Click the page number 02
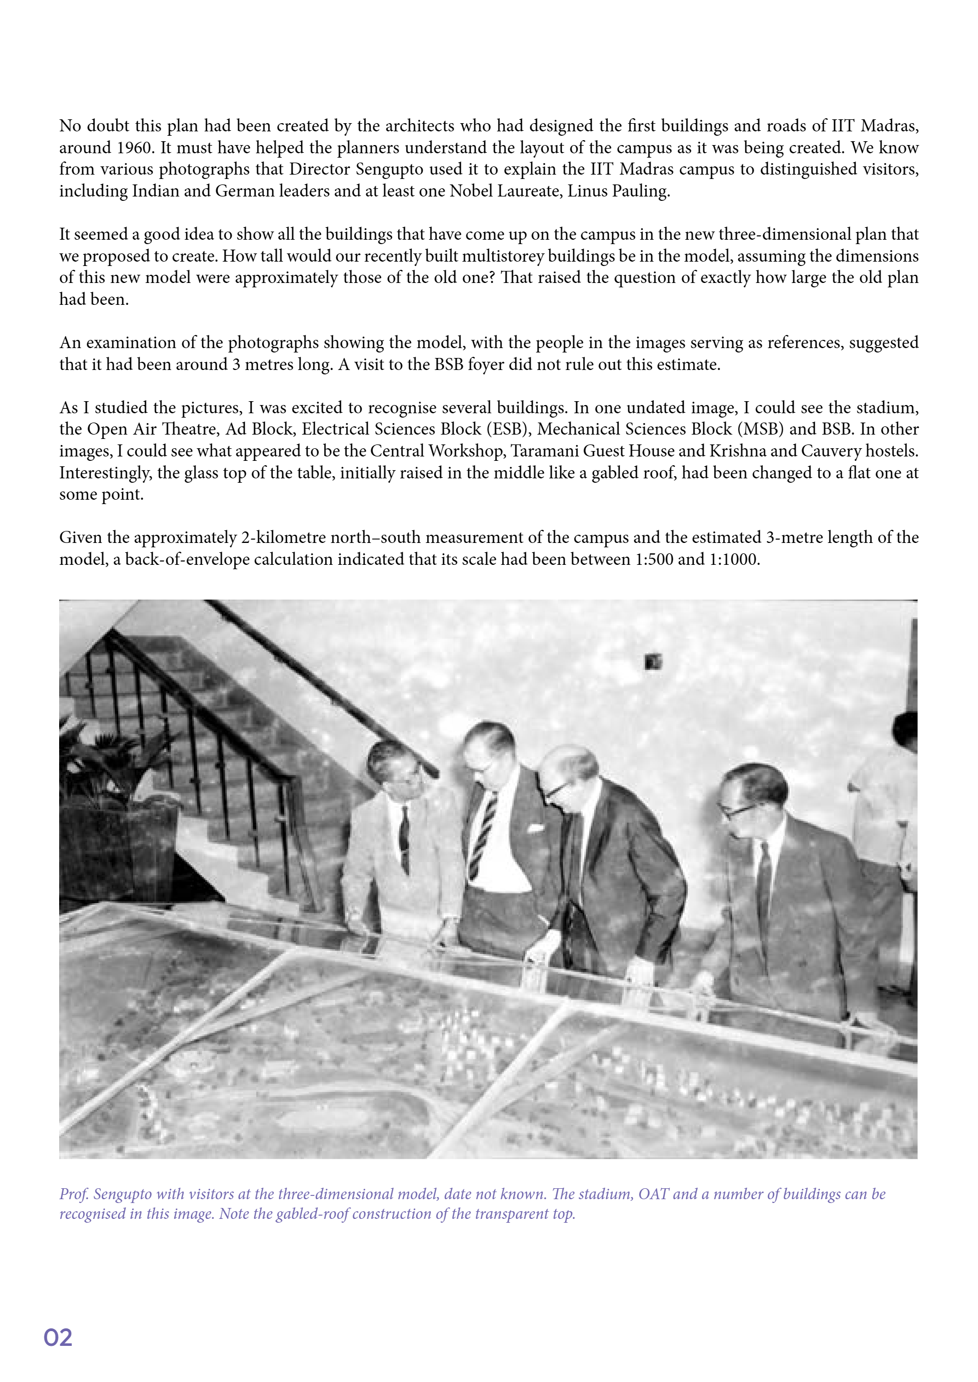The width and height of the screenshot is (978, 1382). (58, 1337)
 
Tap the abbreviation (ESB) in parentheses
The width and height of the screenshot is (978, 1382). (513, 429)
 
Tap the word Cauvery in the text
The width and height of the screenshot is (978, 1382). (831, 451)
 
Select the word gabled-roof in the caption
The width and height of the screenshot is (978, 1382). (312, 1213)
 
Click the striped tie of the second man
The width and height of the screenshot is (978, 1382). (484, 834)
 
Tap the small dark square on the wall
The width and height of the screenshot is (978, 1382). (653, 662)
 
